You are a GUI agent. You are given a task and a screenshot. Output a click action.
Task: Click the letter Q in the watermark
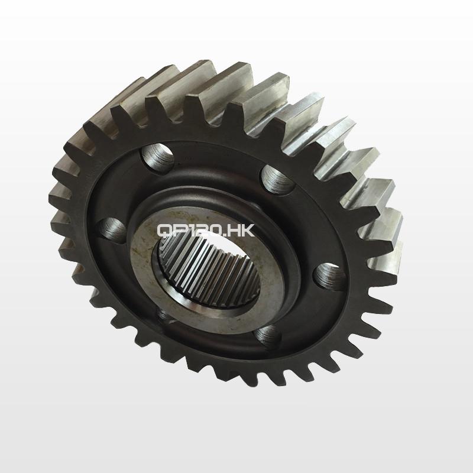(x=164, y=231)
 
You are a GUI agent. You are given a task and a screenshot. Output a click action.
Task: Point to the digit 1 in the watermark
(x=188, y=231)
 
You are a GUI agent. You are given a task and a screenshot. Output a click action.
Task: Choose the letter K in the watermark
(x=248, y=231)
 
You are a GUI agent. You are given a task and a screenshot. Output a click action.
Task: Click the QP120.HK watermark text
(x=206, y=231)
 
